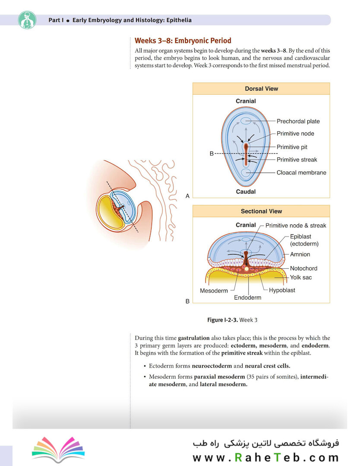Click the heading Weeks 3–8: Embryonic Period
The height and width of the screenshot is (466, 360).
[183, 41]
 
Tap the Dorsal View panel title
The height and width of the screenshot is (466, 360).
[261, 88]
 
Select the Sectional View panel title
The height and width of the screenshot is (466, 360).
[261, 211]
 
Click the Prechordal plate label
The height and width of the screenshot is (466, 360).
[298, 121]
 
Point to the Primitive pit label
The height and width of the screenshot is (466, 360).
[292, 147]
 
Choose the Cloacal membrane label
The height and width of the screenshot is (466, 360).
[301, 173]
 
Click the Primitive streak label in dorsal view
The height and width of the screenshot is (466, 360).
[297, 160]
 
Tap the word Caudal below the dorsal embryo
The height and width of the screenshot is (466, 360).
[246, 192]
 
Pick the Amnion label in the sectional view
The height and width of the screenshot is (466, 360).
[300, 255]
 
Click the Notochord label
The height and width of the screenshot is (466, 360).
[303, 268]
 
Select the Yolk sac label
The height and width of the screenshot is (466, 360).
[301, 277]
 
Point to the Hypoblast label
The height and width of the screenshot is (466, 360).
[282, 290]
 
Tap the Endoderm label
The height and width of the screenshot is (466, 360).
[247, 298]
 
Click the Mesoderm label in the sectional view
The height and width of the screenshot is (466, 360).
[214, 291]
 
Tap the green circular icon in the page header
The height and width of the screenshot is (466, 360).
[27, 20]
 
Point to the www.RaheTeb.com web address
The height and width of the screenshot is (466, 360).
[265, 457]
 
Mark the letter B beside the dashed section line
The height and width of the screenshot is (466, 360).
[212, 154]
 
